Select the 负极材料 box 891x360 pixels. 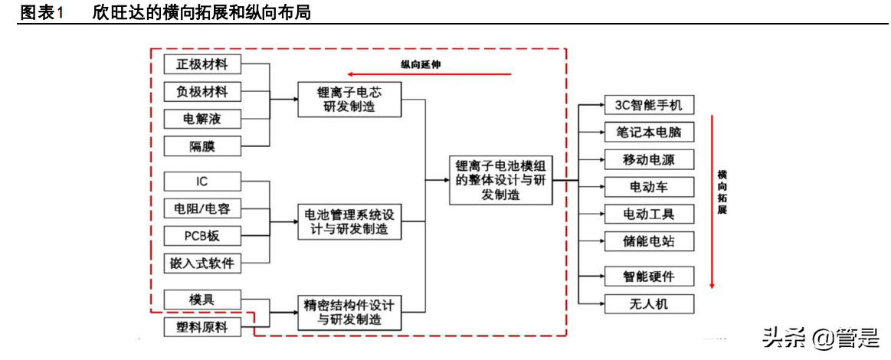pyautogui.click(x=202, y=91)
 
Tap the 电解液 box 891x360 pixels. pyautogui.click(x=202, y=119)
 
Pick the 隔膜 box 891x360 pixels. pyautogui.click(x=202, y=146)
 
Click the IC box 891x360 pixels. pyautogui.click(x=202, y=182)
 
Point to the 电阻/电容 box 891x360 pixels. pyautogui.click(x=202, y=208)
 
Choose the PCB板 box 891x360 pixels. pyautogui.click(x=202, y=234)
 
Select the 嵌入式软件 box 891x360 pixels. pyautogui.click(x=202, y=263)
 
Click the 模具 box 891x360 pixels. pyautogui.click(x=202, y=299)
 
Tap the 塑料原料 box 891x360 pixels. pyautogui.click(x=202, y=327)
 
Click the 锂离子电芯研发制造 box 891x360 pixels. pyautogui.click(x=349, y=99)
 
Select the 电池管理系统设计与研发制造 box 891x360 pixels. pyautogui.click(x=349, y=221)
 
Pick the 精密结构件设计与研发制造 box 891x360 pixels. pyautogui.click(x=349, y=312)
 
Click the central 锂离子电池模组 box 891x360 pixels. pyautogui.click(x=500, y=181)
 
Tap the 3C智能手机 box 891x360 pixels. pyautogui.click(x=648, y=105)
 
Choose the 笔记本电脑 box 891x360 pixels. pyautogui.click(x=648, y=132)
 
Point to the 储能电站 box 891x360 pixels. pyautogui.click(x=648, y=242)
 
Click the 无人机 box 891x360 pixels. pyautogui.click(x=648, y=303)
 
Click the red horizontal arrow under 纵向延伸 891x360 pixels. pyautogui.click(x=428, y=75)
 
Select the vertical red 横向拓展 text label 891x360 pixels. pyautogui.click(x=722, y=191)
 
